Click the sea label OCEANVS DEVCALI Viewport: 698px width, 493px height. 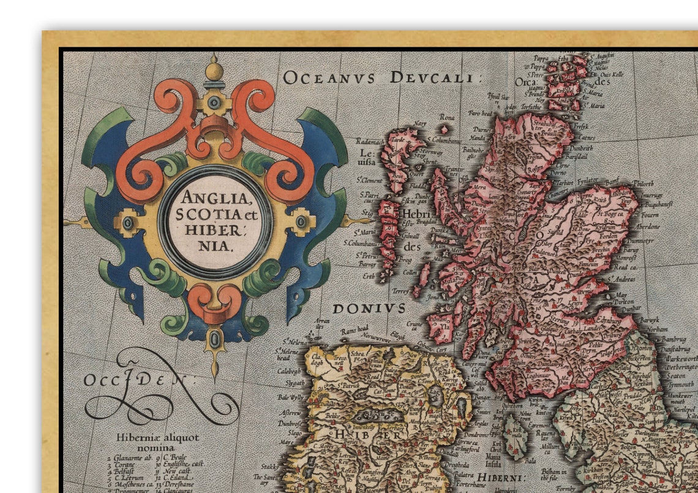379,78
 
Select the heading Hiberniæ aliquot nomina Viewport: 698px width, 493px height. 158,442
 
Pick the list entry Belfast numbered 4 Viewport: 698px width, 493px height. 125,472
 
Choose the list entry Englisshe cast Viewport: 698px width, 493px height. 182,464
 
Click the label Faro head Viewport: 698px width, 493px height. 481,113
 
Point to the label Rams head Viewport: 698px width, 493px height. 355,331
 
